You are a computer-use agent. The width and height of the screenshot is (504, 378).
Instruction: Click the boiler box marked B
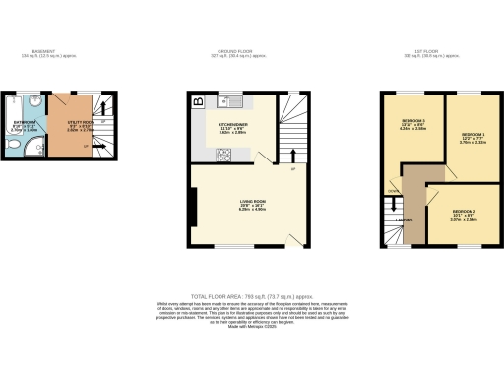tap(197, 101)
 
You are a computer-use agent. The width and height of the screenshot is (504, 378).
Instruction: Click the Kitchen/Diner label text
tap(233, 126)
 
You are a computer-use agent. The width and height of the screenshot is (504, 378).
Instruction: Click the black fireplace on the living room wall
tap(194, 204)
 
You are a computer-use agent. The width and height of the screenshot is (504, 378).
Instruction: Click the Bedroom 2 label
tap(465, 215)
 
